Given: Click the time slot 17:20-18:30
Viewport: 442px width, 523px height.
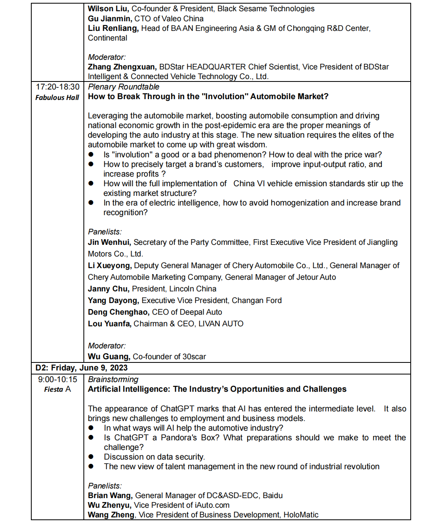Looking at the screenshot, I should (x=57, y=87).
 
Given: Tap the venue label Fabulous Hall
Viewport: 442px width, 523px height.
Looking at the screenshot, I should (x=57, y=98).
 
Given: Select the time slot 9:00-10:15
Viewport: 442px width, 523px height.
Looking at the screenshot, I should (x=57, y=379).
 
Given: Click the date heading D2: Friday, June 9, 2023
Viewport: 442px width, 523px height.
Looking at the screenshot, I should (x=81, y=368).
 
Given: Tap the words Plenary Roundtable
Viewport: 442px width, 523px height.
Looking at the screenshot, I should (x=124, y=87).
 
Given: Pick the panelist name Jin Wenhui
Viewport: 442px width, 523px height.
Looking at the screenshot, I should (x=109, y=242).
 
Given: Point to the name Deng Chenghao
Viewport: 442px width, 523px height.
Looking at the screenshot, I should (x=118, y=312).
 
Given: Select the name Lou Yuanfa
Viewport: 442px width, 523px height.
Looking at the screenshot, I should (x=109, y=324).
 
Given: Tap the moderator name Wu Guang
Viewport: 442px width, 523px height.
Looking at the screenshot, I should (x=109, y=356).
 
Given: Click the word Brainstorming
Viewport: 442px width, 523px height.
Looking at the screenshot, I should (x=113, y=379).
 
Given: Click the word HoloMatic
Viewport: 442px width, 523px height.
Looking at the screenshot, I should (x=301, y=515).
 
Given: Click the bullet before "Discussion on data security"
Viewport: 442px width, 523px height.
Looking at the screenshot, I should (x=91, y=457).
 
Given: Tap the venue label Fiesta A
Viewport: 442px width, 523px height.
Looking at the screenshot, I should (x=57, y=389).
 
